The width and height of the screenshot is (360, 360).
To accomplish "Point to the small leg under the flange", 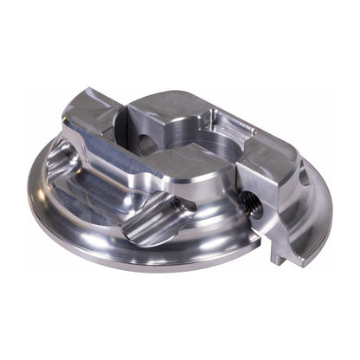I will pos(276,254).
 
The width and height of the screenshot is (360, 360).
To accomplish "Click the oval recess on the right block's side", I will pos(303,177).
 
